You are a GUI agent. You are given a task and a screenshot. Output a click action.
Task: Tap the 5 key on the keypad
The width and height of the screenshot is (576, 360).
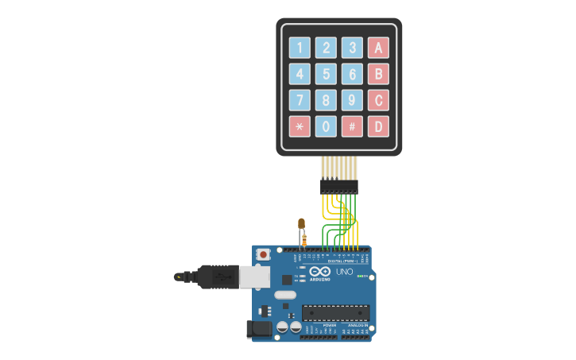click(x=326, y=74)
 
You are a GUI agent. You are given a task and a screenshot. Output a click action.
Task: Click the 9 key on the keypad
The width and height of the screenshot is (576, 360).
click(x=352, y=100)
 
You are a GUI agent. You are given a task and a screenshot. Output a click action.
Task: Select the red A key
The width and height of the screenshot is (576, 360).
click(x=378, y=48)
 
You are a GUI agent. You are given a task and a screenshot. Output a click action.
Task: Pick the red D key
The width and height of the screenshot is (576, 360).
click(x=378, y=126)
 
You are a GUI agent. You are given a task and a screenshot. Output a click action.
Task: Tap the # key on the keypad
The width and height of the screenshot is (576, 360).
click(x=352, y=126)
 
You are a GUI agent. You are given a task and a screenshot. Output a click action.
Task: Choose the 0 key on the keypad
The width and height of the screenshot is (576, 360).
click(x=326, y=126)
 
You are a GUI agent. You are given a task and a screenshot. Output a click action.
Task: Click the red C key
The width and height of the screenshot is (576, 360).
click(x=378, y=100)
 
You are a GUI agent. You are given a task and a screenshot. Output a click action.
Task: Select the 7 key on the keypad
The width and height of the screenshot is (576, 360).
click(x=300, y=100)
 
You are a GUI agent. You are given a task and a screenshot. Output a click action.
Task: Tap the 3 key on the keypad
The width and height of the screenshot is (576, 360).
click(x=352, y=48)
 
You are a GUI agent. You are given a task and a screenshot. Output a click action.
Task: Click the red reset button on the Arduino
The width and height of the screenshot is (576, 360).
click(x=263, y=254)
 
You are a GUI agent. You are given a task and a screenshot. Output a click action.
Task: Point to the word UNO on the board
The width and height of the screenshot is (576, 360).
click(x=345, y=272)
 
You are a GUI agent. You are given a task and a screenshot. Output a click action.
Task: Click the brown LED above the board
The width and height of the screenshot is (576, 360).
click(x=301, y=225)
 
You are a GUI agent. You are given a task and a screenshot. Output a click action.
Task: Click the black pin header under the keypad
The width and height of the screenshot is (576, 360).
click(x=339, y=187)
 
